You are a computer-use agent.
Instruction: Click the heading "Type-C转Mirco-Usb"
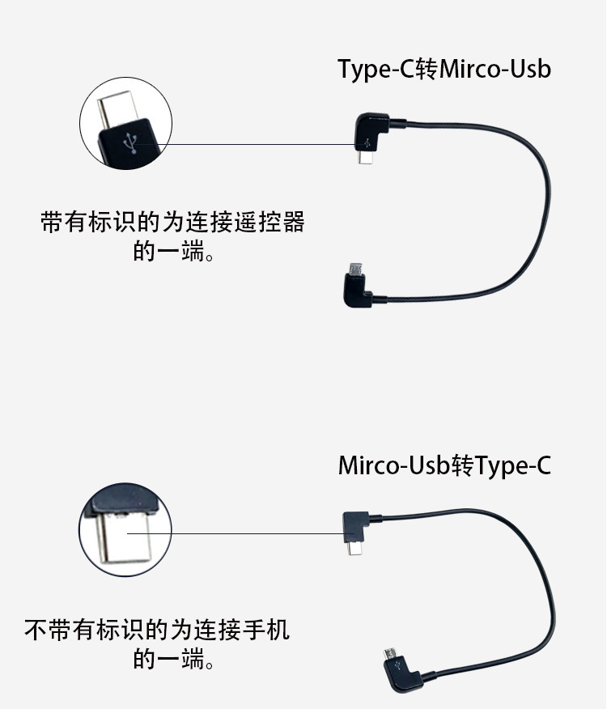pyautogui.click(x=444, y=70)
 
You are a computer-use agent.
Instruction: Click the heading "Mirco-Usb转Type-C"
pyautogui.click(x=444, y=466)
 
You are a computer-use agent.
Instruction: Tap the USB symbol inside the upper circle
pyautogui.click(x=129, y=143)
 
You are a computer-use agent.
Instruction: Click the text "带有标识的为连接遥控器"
pyautogui.click(x=172, y=222)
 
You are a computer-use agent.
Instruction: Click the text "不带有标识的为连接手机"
pyautogui.click(x=157, y=629)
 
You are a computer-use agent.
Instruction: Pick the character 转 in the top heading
pyautogui.click(x=427, y=70)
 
